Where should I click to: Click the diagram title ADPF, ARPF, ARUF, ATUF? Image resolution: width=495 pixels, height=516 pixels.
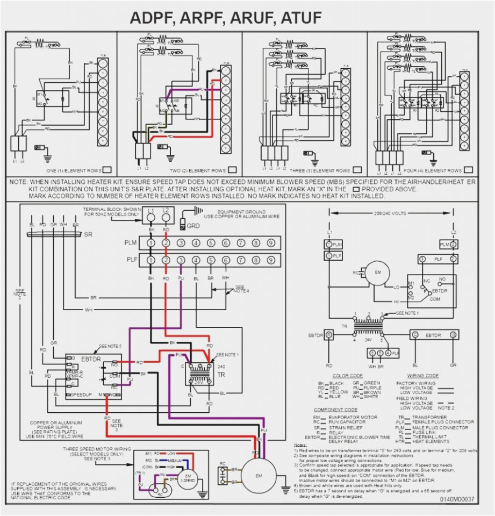coord(226,18)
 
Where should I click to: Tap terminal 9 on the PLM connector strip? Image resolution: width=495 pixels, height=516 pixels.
coord(271,243)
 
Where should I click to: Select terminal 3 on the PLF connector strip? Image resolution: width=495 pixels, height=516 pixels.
coord(181,261)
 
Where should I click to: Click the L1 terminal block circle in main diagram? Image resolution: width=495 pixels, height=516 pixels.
coord(152,217)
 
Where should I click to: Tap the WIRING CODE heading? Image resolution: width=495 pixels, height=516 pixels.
coord(423,376)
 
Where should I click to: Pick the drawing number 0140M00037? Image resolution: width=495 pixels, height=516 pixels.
coord(457,499)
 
